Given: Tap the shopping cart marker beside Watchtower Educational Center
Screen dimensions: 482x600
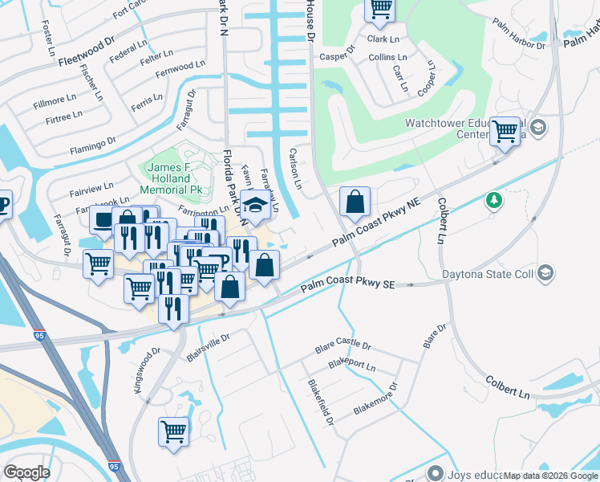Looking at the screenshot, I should (x=505, y=131).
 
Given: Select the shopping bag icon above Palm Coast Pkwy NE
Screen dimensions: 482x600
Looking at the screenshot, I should (x=355, y=203).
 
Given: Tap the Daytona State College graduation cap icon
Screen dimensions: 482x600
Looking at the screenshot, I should (x=546, y=274).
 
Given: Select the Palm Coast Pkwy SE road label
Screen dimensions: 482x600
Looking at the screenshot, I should (x=348, y=286).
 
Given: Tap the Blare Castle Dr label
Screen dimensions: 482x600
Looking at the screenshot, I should (x=343, y=346).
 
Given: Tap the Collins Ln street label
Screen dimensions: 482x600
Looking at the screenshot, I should (x=388, y=58).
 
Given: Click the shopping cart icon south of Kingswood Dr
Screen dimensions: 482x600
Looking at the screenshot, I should (x=174, y=432).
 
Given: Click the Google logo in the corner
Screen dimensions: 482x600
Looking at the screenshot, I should (x=26, y=472).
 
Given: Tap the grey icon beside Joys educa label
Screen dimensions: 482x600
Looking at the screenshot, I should (x=436, y=472).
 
